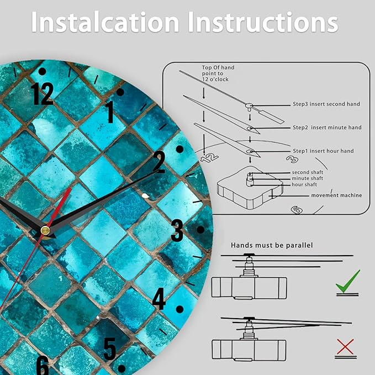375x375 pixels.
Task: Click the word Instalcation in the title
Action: (105, 22)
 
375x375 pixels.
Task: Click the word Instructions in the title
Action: (263, 22)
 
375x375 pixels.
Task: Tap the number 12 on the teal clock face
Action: (42, 94)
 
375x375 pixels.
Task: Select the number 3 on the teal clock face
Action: (177, 230)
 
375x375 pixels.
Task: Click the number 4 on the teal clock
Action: (159, 298)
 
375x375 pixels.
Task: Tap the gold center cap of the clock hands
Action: (45, 230)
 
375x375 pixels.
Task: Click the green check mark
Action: (347, 281)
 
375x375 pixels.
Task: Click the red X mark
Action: (345, 346)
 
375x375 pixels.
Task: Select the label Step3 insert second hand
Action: (326, 104)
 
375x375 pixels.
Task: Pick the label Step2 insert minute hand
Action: (327, 128)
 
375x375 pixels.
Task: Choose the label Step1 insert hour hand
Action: (323, 151)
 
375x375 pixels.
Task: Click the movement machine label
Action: (336, 196)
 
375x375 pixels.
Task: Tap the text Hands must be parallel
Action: (272, 245)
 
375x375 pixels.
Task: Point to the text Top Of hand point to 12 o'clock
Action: (218, 73)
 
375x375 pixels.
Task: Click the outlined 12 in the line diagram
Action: (209, 158)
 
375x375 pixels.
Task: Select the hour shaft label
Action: (304, 184)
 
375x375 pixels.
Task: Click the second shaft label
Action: (307, 172)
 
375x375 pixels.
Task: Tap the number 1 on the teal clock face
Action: (110, 112)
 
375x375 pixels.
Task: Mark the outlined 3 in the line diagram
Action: (292, 159)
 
